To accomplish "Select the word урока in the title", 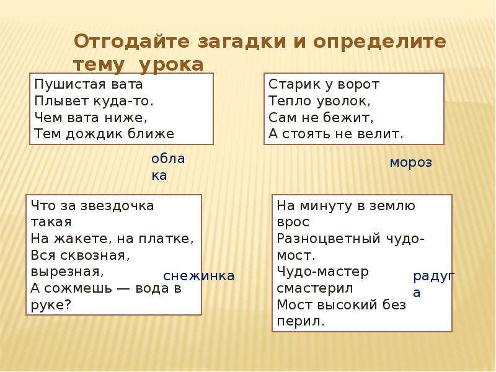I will (x=171, y=64).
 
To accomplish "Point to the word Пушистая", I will (x=61, y=84).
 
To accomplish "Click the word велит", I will (x=382, y=133).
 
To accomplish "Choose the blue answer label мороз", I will (x=410, y=162).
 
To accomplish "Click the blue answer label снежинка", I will (x=198, y=276).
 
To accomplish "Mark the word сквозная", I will (x=80, y=255).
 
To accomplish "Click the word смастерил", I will (x=314, y=288).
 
